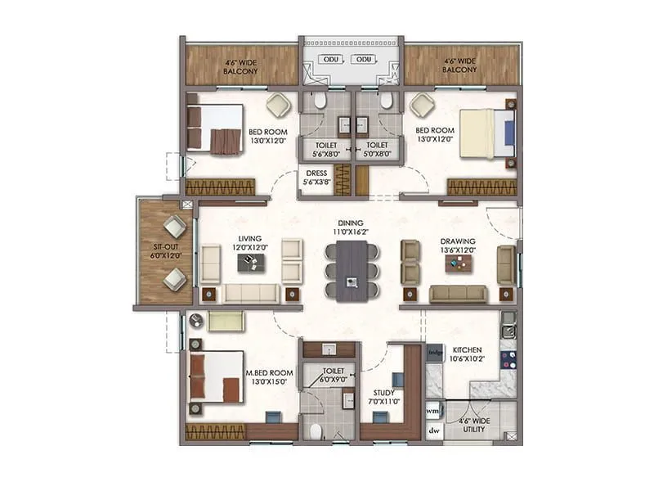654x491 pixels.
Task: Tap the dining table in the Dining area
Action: coord(352,269)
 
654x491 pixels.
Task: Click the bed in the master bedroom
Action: coord(216,376)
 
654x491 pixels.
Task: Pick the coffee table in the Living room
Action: coord(251,262)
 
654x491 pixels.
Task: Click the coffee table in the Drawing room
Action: coord(458,263)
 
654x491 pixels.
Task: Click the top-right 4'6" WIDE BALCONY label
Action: coord(460,65)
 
